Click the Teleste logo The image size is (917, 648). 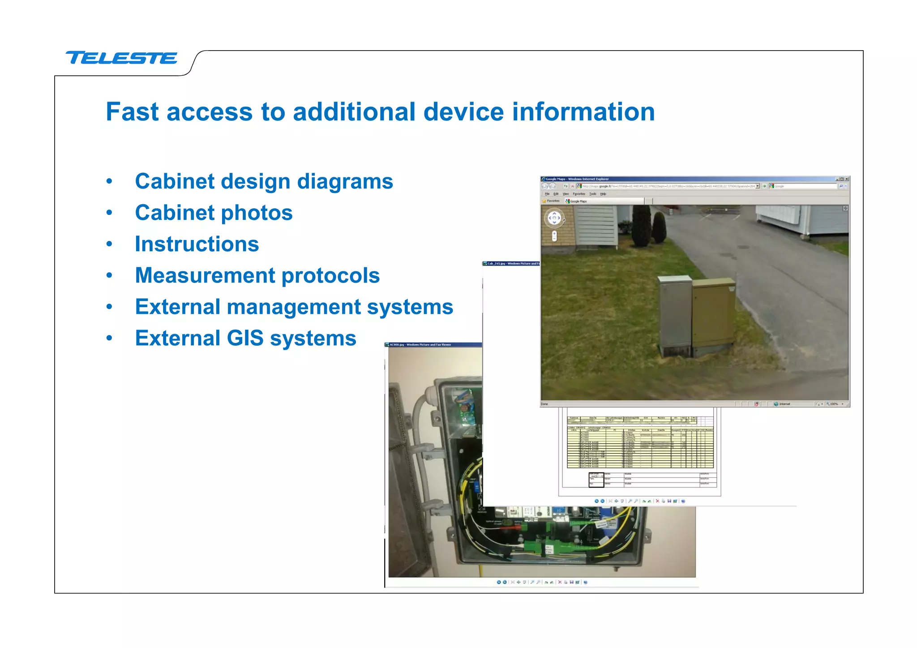click(x=121, y=58)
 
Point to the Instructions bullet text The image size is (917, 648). click(x=197, y=244)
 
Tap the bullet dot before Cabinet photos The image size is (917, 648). click(x=109, y=213)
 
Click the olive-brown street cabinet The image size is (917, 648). click(x=713, y=313)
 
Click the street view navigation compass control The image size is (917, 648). click(x=554, y=218)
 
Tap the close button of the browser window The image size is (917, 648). click(x=846, y=179)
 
